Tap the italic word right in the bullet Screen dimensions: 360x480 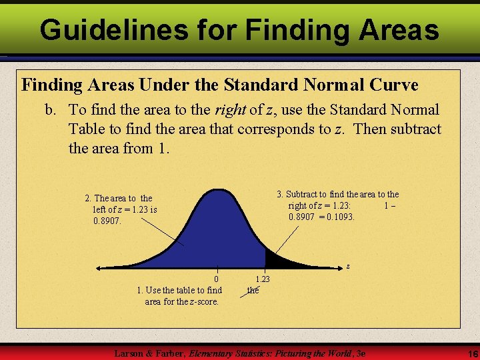229,110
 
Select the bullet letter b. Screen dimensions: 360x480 50,110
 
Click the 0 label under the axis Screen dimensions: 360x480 216,279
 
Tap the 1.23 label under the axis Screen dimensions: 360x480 263,279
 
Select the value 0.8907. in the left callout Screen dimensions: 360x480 107,220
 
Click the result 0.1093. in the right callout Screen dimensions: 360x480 337,217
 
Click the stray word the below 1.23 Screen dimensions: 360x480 253,290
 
